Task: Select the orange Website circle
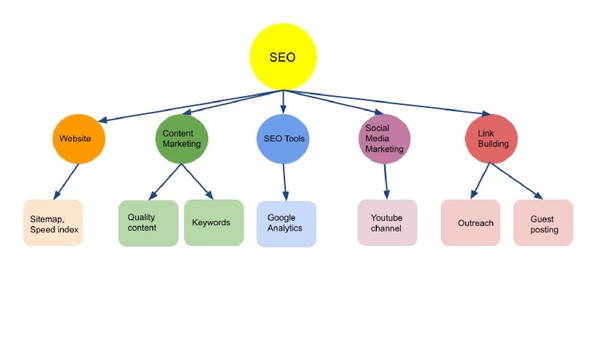click(x=79, y=138)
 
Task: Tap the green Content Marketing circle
click(x=182, y=138)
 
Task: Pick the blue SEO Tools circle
click(x=285, y=138)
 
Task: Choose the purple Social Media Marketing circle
click(x=385, y=138)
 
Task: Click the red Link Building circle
click(x=492, y=138)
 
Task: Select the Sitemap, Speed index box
click(x=54, y=224)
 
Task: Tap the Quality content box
click(x=148, y=223)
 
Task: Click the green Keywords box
click(x=213, y=223)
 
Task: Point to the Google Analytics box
click(x=286, y=223)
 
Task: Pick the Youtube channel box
click(x=387, y=223)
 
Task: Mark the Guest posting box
click(x=543, y=223)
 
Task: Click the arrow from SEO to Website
click(x=180, y=104)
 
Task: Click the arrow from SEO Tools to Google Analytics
click(x=285, y=180)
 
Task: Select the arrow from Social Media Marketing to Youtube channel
click(x=386, y=180)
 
